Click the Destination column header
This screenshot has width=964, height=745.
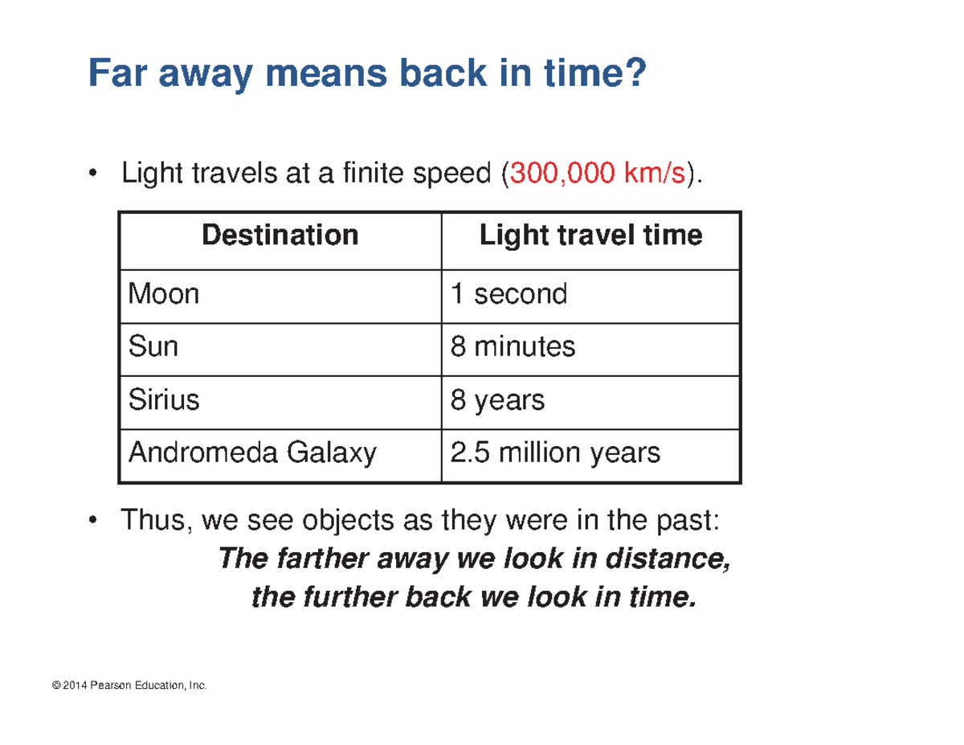(280, 235)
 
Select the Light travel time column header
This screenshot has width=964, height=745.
(590, 235)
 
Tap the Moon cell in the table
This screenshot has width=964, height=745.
(164, 294)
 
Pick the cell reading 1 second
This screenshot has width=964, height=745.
(509, 294)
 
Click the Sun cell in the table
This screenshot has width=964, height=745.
(153, 347)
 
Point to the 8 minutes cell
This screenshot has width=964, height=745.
(513, 347)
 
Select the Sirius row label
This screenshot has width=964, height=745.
(164, 400)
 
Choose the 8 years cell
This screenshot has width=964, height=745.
(497, 400)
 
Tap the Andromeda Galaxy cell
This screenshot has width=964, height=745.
(252, 454)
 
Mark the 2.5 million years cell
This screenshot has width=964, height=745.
(555, 454)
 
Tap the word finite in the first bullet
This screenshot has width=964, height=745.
(357, 172)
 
